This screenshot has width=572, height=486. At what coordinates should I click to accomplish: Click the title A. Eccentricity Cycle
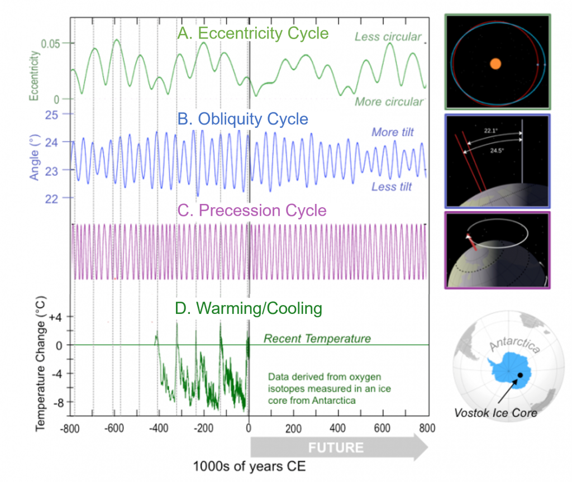point(252,34)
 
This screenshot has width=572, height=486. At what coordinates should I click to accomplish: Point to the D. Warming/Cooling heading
point(249,308)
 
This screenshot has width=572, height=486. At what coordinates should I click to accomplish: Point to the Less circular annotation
point(388,37)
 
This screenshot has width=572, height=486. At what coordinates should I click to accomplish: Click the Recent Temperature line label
point(317,339)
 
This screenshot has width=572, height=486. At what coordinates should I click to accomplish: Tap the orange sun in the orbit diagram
point(495,64)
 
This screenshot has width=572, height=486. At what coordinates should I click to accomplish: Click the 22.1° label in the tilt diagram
point(491,131)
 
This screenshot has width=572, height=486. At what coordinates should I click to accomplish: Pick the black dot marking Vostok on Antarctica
point(520,375)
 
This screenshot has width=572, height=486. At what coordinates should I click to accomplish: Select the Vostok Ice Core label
point(495,413)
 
